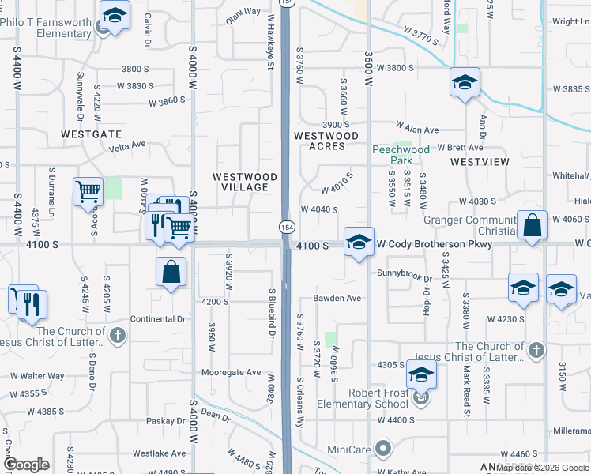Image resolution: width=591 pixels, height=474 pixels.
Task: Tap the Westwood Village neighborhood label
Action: pyautogui.click(x=245, y=182)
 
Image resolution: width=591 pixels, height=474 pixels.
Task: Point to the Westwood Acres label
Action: pyautogui.click(x=319, y=141)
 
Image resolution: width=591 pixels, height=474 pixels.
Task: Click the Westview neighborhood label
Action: pyautogui.click(x=480, y=161)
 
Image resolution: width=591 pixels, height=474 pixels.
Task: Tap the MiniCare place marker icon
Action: pyautogui.click(x=384, y=449)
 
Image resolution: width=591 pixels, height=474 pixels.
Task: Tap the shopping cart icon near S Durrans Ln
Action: pyautogui.click(x=88, y=192)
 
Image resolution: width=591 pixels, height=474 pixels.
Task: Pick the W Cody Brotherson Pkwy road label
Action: pyautogui.click(x=434, y=245)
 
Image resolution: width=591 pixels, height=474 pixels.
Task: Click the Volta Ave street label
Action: pyautogui.click(x=127, y=145)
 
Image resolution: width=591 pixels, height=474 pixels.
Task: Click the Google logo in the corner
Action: pyautogui.click(x=26, y=465)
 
